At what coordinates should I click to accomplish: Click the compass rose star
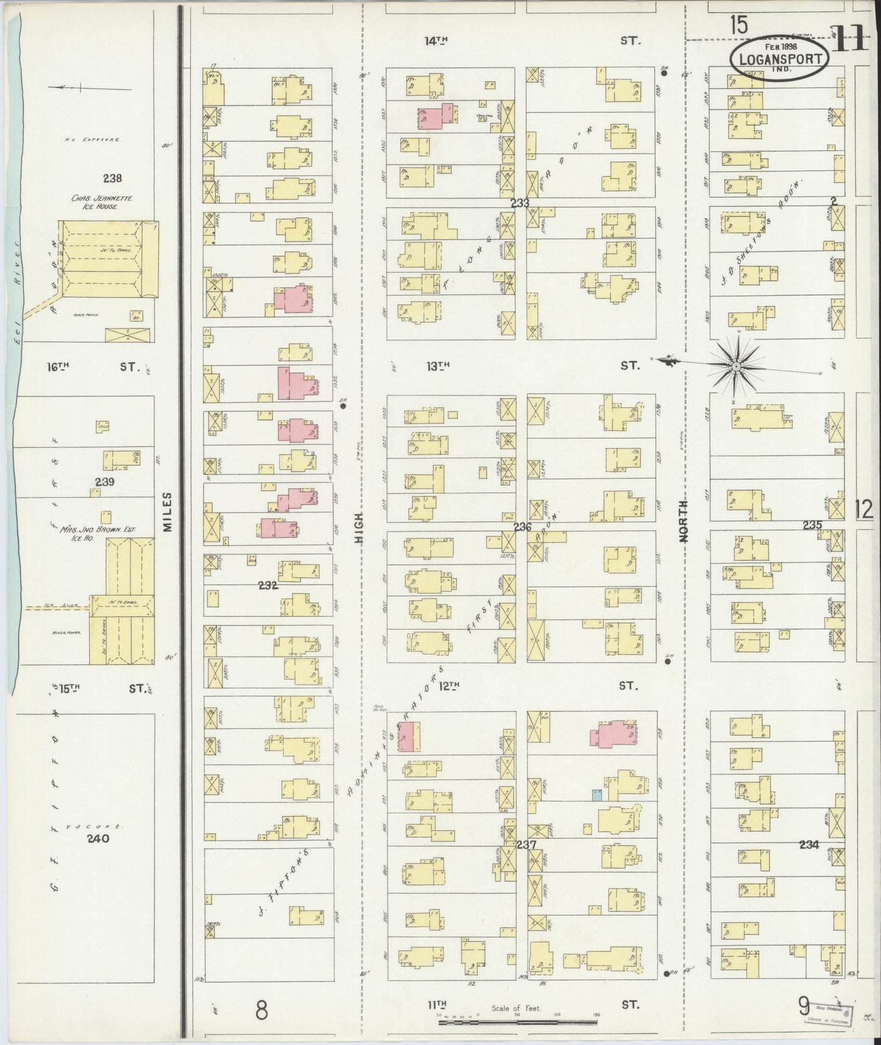click(x=736, y=366)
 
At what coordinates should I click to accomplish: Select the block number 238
click(x=112, y=179)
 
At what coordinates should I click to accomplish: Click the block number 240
click(x=98, y=838)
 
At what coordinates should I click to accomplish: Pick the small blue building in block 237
click(x=597, y=794)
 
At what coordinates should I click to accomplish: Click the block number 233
click(x=519, y=203)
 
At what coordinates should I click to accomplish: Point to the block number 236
click(x=522, y=527)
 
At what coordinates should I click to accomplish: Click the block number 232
click(x=268, y=585)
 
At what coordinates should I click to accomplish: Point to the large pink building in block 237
click(x=613, y=734)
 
